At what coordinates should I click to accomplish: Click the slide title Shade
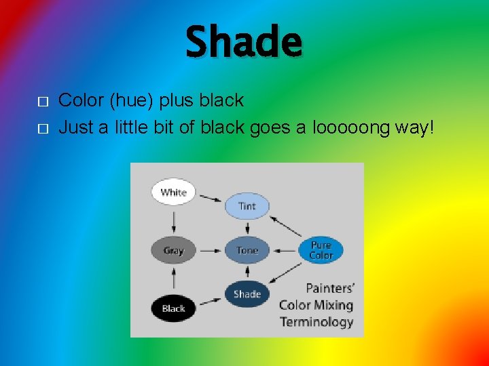coord(244,42)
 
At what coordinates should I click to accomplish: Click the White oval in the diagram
coord(173,192)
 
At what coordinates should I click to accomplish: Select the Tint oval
coord(247,205)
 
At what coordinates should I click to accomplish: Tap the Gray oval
coord(173,250)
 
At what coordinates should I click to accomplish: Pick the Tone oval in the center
coord(247,250)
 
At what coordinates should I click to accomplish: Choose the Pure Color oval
coord(321,250)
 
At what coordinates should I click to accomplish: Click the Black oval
coord(173,308)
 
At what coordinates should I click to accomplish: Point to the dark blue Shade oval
coord(247,293)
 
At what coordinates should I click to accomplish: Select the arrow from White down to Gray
coord(174,220)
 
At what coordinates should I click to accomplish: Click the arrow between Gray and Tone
coord(210,250)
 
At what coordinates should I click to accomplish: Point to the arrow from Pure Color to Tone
coord(285,250)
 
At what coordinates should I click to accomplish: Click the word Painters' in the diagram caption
coord(330,288)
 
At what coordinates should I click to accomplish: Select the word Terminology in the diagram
coord(316,322)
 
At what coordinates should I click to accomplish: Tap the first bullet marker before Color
coord(42,102)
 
